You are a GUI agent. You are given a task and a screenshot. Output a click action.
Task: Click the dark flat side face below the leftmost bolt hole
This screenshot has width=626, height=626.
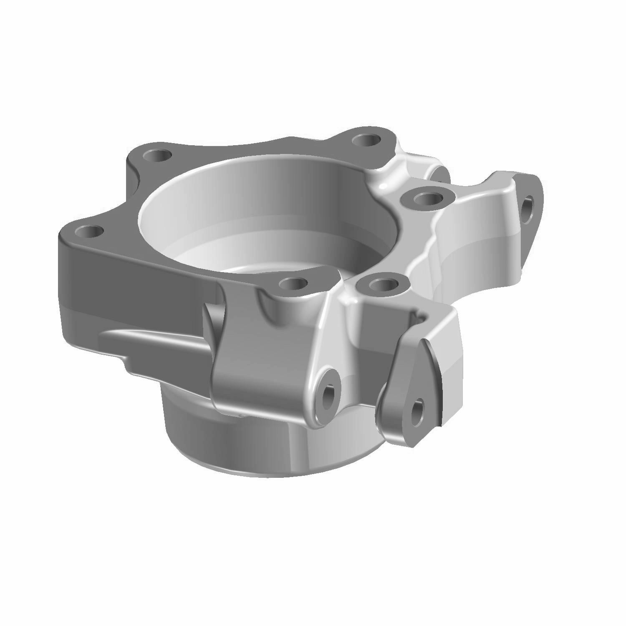click(125, 284)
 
